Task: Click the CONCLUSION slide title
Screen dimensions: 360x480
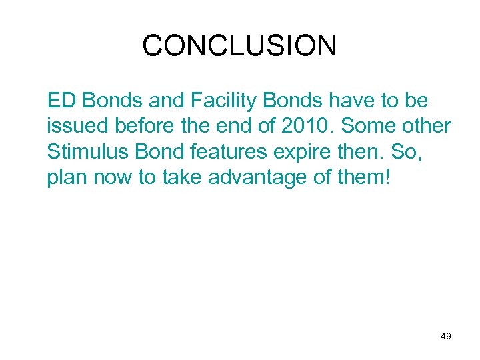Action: [x=239, y=46]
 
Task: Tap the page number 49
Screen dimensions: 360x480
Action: [x=446, y=337]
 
